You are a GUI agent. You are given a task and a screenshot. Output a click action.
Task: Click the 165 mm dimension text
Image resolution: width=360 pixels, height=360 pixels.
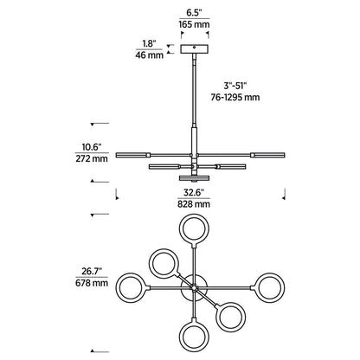(194, 24)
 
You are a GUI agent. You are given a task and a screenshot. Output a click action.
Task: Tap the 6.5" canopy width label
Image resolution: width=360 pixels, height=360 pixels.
(194, 13)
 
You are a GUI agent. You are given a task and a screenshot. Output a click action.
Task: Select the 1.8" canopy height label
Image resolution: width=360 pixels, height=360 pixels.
(149, 44)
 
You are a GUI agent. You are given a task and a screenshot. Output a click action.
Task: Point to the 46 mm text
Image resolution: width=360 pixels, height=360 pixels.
(149, 55)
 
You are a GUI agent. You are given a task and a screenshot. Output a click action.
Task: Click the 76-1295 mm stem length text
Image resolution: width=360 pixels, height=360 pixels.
(235, 97)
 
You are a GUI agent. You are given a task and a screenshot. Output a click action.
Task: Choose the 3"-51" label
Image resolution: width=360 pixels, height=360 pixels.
(235, 86)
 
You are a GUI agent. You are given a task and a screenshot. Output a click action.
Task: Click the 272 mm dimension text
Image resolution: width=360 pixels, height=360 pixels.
(92, 158)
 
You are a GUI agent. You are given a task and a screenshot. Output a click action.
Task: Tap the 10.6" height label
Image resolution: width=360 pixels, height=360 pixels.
(92, 147)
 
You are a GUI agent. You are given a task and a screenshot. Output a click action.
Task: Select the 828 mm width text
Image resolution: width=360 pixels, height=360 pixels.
(194, 204)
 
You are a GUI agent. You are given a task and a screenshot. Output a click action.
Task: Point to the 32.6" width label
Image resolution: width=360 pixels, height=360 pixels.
(194, 192)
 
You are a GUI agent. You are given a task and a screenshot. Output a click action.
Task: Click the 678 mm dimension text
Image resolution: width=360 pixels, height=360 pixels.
(92, 283)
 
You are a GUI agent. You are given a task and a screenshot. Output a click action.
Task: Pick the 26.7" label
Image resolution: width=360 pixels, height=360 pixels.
(92, 271)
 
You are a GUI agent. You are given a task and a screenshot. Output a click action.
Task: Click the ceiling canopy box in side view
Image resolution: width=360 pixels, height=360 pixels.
(195, 49)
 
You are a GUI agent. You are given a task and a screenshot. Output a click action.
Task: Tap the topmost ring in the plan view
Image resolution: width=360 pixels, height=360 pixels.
(194, 215)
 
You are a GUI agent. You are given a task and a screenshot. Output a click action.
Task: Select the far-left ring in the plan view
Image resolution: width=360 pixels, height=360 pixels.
(117, 288)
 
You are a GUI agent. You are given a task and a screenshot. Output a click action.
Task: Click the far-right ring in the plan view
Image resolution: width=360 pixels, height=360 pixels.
(284, 288)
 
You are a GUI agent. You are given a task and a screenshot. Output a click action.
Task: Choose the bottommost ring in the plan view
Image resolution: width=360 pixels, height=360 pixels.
(194, 344)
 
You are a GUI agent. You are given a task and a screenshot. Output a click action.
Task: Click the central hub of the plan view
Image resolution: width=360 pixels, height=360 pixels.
(194, 288)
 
